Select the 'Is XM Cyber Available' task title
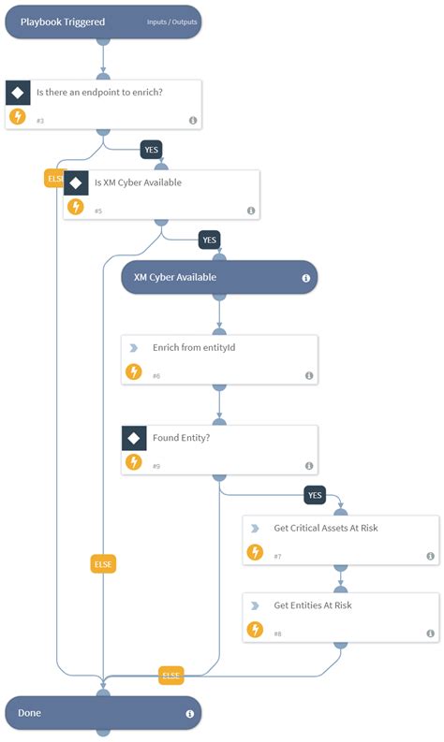[x=138, y=182]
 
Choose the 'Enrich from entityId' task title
[x=194, y=347]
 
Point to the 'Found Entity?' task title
[x=181, y=437]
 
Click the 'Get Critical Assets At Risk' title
[x=326, y=528]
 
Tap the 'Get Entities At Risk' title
[x=313, y=605]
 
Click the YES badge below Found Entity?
[x=315, y=495]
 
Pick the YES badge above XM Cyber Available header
[x=210, y=240]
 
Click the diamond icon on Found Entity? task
[x=134, y=438]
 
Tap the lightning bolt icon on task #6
[x=134, y=371]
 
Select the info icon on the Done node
[x=190, y=714]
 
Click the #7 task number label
[x=278, y=557]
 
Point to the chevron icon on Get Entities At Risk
[x=255, y=605]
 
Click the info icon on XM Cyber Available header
[x=306, y=278]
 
